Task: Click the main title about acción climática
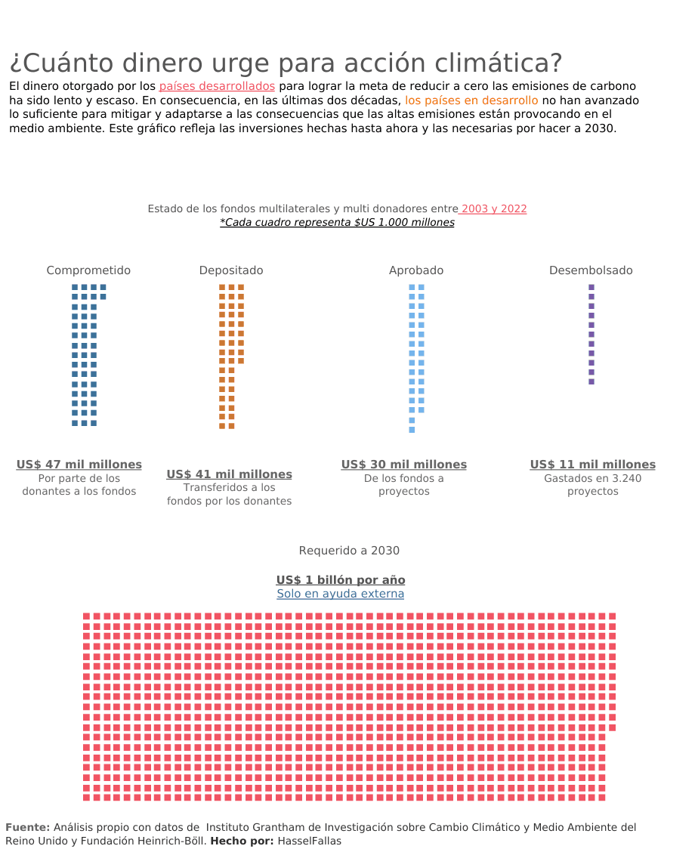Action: [286, 63]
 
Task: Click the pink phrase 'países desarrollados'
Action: [217, 86]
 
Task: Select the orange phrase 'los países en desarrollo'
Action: [471, 100]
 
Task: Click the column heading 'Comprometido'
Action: [88, 270]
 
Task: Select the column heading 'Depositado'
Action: [231, 270]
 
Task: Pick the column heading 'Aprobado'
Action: [416, 270]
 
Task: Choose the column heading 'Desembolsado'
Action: [591, 270]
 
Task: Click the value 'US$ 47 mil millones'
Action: [79, 465]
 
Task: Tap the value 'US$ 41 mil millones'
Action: [229, 474]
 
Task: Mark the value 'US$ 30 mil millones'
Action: [404, 465]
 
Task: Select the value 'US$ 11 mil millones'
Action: [593, 465]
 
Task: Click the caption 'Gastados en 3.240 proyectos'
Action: [593, 485]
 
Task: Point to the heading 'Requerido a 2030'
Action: [349, 551]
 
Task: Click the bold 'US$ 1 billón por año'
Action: [341, 580]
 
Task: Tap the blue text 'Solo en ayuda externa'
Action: [341, 594]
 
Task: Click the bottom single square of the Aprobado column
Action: [412, 430]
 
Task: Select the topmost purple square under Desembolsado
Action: [591, 288]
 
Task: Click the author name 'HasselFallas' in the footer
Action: [310, 841]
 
